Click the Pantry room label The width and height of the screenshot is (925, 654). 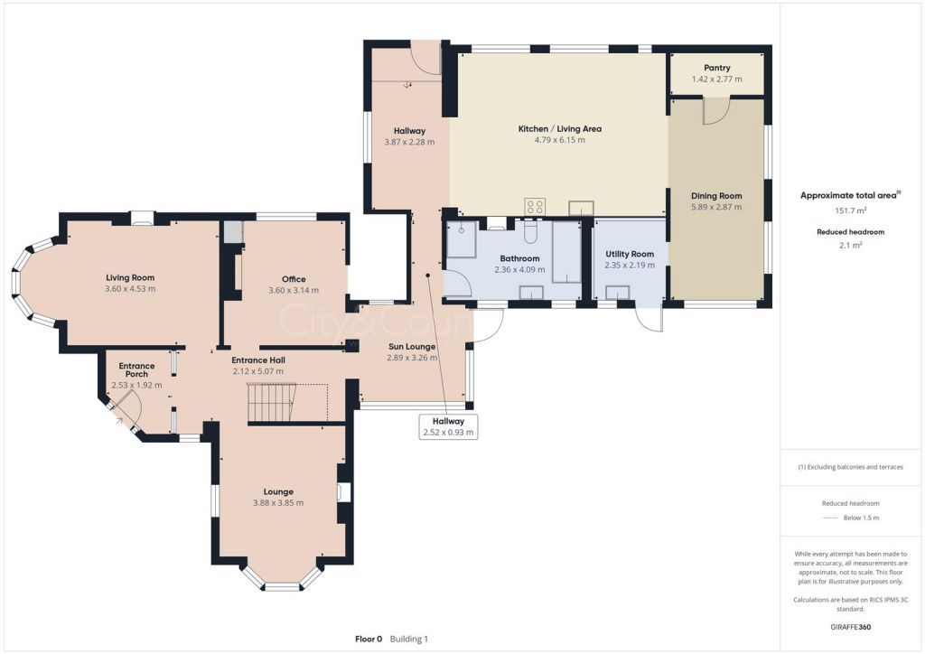(x=716, y=68)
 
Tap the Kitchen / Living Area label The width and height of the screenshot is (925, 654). (x=560, y=128)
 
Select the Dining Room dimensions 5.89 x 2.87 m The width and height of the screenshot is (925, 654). (x=716, y=207)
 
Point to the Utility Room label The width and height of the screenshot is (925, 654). (x=630, y=254)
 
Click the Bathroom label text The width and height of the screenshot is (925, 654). (x=519, y=258)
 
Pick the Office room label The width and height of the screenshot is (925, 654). (x=294, y=279)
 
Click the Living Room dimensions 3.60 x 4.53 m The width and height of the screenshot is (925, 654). (x=130, y=289)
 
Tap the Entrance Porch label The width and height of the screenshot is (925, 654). (x=137, y=369)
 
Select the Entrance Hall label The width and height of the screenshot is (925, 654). (x=258, y=360)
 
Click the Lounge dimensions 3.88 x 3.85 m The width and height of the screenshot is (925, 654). (x=278, y=503)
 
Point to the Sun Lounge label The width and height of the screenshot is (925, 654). (x=412, y=347)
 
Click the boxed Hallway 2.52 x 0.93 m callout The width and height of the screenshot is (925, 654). (x=448, y=426)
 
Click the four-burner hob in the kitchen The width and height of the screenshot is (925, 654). (x=535, y=206)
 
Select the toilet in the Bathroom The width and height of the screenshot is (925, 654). (x=530, y=232)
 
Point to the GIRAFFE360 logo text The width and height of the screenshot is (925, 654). (x=851, y=627)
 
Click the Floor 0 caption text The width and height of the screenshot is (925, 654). (x=369, y=639)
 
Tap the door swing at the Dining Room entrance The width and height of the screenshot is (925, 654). (x=716, y=111)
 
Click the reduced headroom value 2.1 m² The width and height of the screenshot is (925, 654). (x=851, y=245)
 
